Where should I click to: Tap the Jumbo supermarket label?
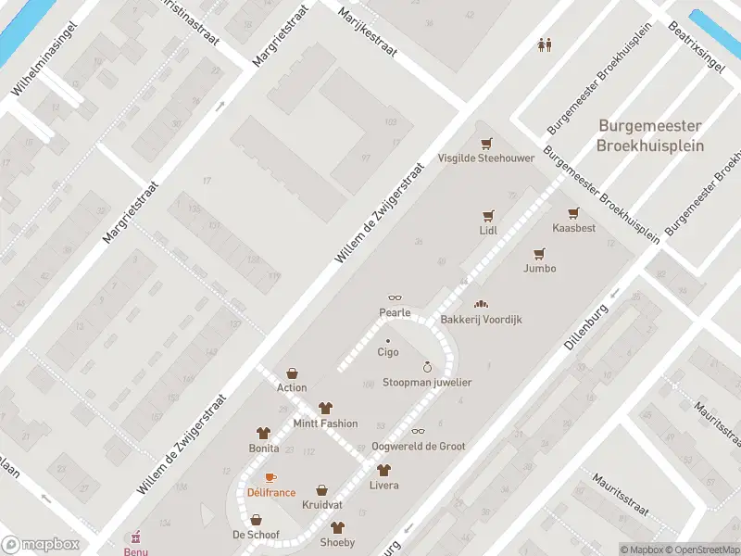click(539, 269)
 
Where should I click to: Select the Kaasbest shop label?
click(573, 228)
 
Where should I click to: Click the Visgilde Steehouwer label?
click(486, 158)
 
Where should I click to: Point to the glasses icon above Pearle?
click(395, 298)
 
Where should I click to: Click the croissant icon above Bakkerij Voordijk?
click(481, 304)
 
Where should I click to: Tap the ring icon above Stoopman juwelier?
click(427, 367)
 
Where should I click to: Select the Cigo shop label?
click(387, 352)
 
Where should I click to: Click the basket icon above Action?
click(292, 373)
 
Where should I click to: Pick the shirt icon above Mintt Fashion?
click(325, 408)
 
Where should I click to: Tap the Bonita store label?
click(263, 448)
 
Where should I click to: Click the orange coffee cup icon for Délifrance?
click(270, 477)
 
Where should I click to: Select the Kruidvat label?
click(321, 505)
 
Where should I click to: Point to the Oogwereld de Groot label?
click(418, 447)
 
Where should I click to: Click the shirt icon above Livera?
click(383, 470)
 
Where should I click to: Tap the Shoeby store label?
click(337, 542)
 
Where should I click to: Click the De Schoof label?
click(256, 535)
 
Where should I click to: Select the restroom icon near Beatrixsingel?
click(546, 44)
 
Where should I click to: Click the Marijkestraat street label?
click(368, 32)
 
